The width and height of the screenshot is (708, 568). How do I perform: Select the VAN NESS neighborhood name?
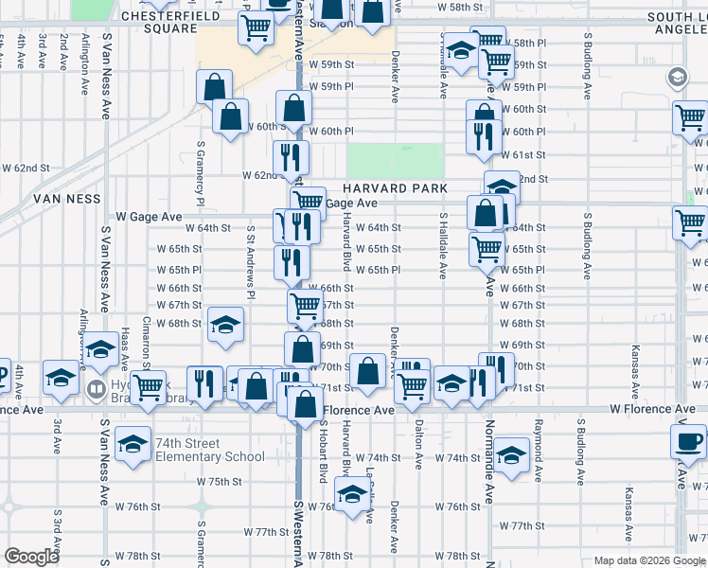tap(66, 199)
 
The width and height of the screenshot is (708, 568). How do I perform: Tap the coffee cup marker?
tap(688, 441)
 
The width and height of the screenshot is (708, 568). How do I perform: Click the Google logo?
tap(32, 557)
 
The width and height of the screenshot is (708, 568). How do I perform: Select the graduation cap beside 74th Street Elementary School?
tap(133, 444)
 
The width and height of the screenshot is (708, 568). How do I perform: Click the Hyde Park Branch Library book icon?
tap(96, 389)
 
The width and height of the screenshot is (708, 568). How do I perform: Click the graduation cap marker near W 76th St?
tap(353, 495)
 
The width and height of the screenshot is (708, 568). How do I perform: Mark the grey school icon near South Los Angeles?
tap(677, 78)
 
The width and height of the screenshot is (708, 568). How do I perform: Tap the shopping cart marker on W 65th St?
tap(487, 249)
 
